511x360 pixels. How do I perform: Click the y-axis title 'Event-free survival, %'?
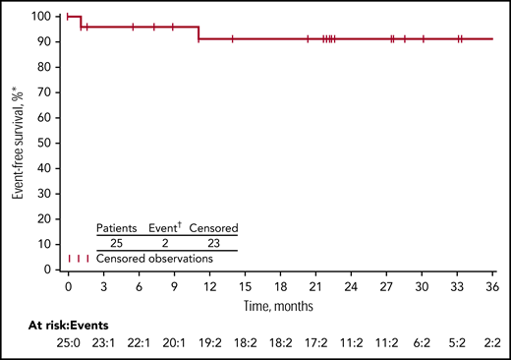coord(17,142)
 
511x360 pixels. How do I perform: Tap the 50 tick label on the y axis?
coord(45,143)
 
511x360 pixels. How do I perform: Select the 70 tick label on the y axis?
coord(45,92)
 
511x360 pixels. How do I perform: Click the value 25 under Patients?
coord(117,242)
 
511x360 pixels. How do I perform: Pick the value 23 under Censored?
coord(213,242)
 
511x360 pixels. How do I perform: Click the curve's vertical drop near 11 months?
coord(199,33)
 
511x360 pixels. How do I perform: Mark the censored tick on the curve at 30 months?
coord(423,39)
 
